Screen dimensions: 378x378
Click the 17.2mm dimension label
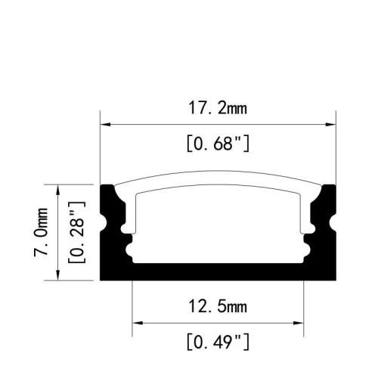[218, 108]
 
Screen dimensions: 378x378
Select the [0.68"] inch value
[218, 143]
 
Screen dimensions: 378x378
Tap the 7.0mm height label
[42, 232]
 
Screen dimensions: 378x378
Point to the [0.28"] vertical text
[77, 232]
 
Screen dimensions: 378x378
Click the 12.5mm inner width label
[218, 306]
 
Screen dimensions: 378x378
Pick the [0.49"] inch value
[218, 342]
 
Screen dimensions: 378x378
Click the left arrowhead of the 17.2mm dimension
[105, 125]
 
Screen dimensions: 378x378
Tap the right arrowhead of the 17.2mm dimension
[330, 125]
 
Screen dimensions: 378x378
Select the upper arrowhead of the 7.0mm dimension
[58, 190]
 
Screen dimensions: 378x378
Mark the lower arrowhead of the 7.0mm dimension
[58, 275]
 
